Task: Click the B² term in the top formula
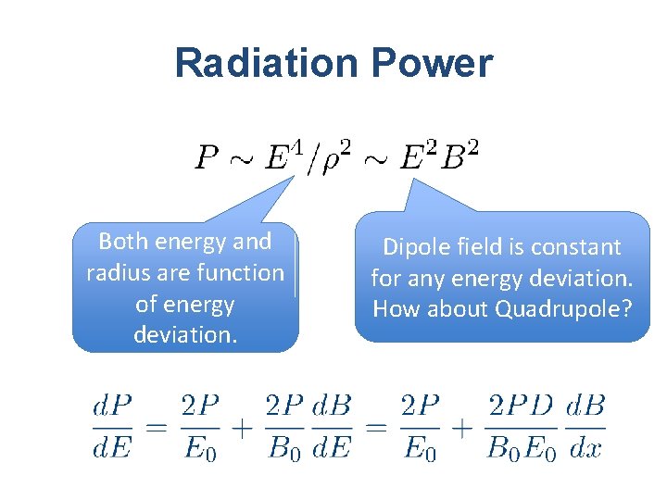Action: pyautogui.click(x=459, y=156)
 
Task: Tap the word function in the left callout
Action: pyautogui.click(x=242, y=273)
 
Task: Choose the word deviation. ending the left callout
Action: pyautogui.click(x=185, y=335)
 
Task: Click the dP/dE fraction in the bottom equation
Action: pyautogui.click(x=112, y=428)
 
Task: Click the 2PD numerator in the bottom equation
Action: pyautogui.click(x=521, y=406)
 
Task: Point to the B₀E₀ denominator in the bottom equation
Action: pyautogui.click(x=521, y=450)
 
